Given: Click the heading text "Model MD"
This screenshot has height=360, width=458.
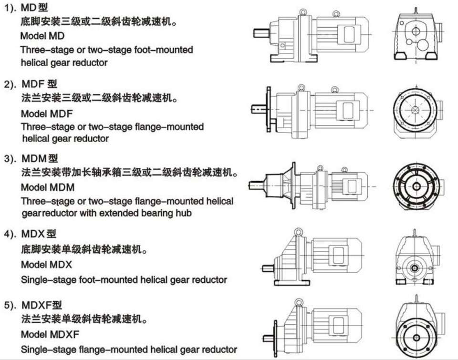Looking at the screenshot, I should click(42, 36).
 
